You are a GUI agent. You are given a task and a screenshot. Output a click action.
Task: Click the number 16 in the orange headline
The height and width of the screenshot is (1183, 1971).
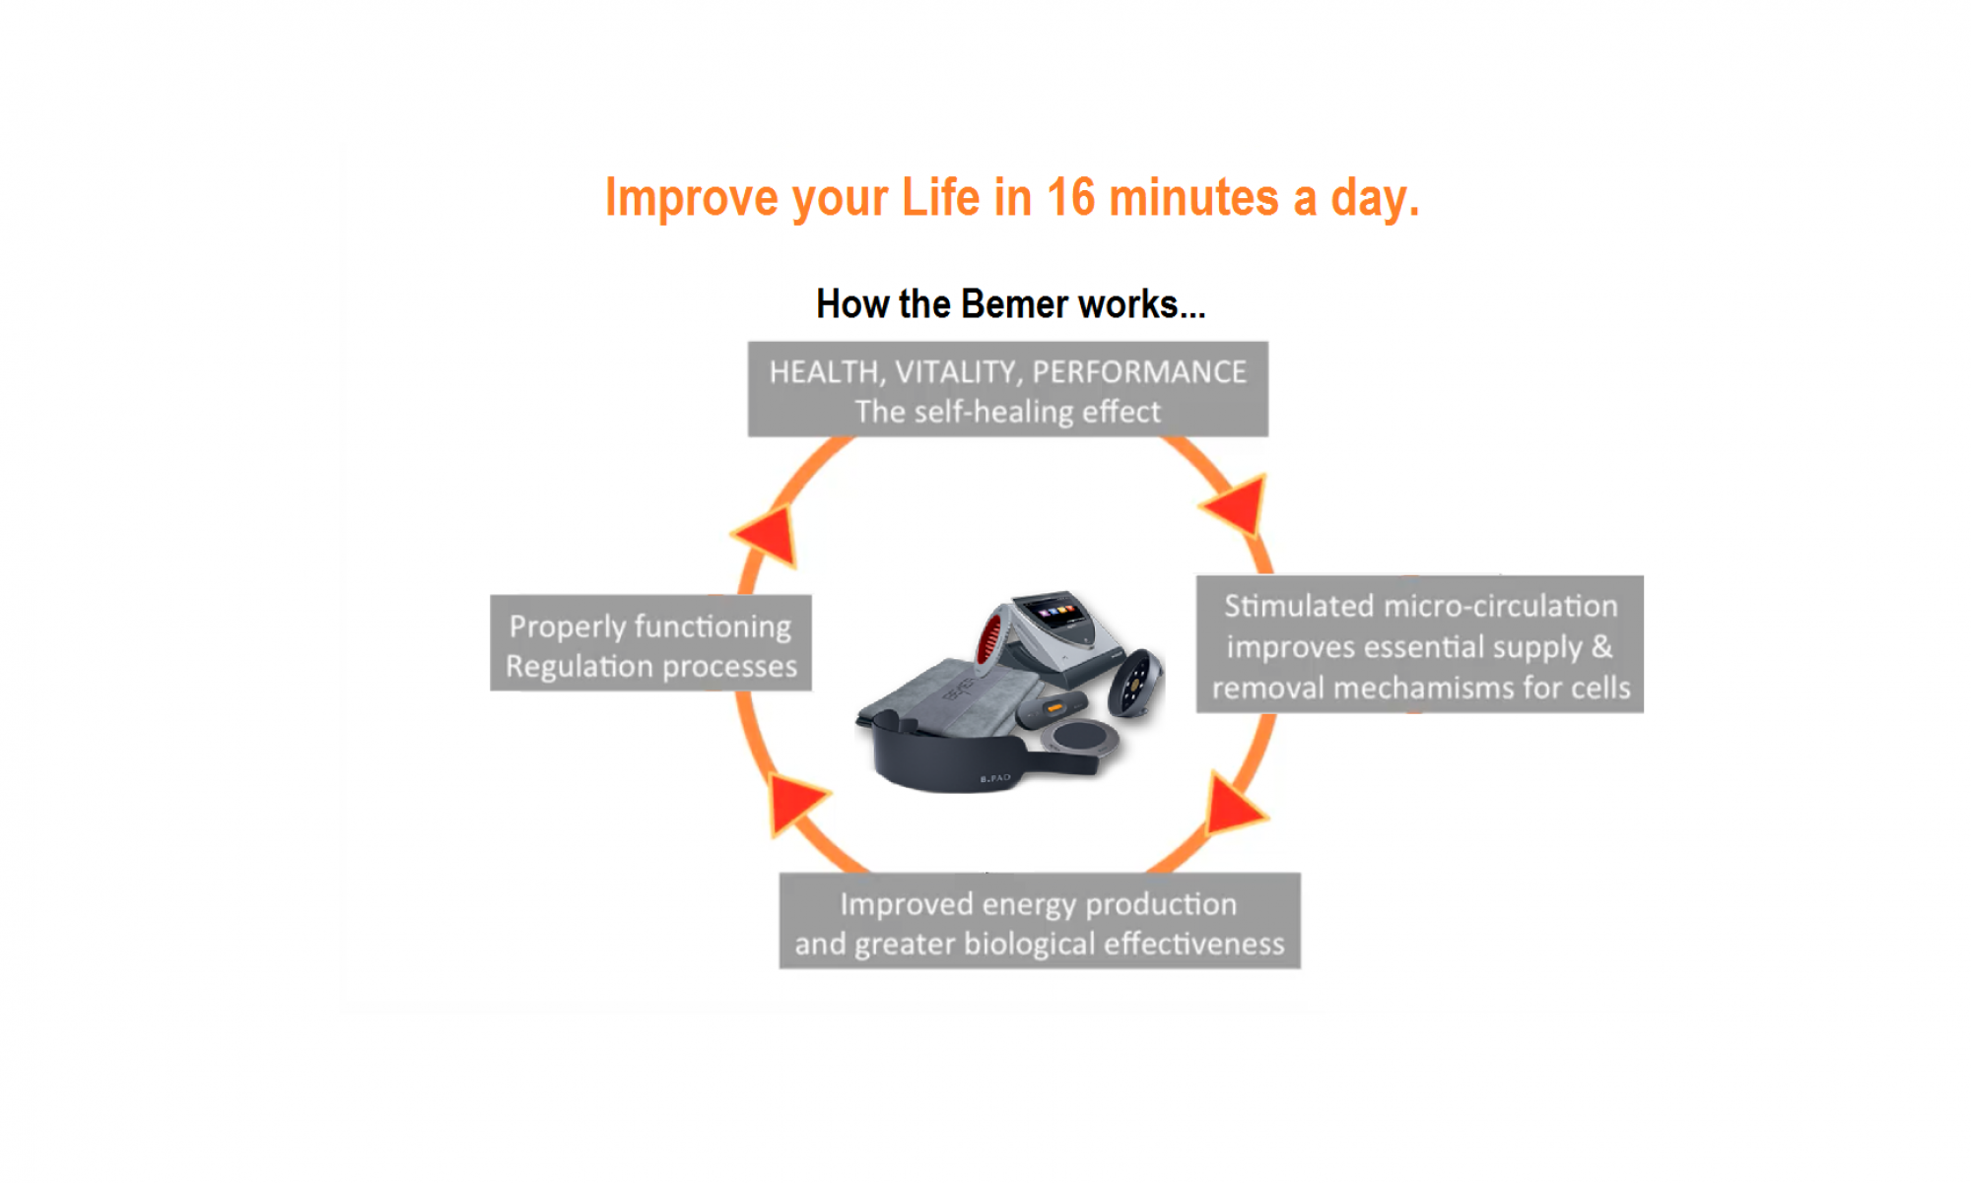(1070, 197)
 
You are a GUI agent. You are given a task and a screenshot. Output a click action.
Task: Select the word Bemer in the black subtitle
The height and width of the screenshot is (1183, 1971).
(1015, 304)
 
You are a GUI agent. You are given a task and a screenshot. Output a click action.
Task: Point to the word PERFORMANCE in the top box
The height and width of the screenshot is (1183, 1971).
(1139, 371)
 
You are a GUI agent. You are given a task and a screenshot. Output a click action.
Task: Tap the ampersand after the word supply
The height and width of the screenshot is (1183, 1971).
(1601, 646)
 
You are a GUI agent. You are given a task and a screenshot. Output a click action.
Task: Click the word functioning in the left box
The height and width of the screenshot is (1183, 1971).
(713, 626)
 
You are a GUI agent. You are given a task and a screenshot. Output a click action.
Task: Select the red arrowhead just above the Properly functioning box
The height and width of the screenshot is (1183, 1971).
(768, 536)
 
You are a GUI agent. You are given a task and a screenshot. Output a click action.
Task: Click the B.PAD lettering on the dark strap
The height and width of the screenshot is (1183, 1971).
(995, 778)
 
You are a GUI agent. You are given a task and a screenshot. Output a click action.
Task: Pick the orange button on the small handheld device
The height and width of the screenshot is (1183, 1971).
(1054, 707)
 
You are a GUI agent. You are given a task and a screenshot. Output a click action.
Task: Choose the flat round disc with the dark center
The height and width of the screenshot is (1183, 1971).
(1079, 737)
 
